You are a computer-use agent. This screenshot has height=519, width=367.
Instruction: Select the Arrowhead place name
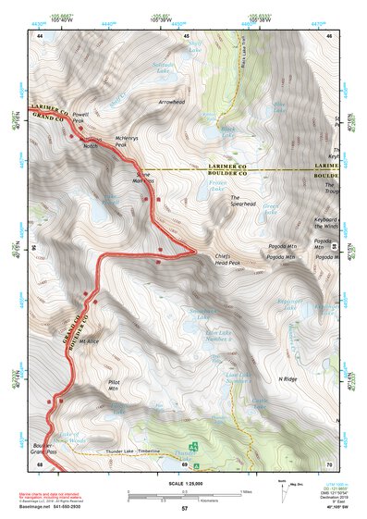point(172,103)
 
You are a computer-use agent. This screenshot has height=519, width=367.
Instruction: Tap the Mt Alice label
point(88,341)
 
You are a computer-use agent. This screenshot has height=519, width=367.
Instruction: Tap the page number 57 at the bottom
point(185,509)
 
